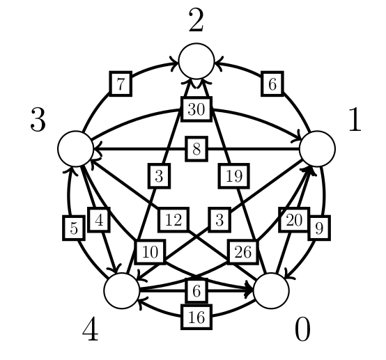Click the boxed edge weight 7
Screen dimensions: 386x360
pyautogui.click(x=121, y=84)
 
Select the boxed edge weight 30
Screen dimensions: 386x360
pyautogui.click(x=196, y=109)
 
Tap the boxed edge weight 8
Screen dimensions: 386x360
pyautogui.click(x=196, y=149)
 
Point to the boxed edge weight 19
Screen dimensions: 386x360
pyautogui.click(x=234, y=176)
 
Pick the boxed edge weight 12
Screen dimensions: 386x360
pyautogui.click(x=173, y=220)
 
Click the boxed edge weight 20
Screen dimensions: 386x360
pyautogui.click(x=294, y=220)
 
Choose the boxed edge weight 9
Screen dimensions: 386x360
pyautogui.click(x=319, y=228)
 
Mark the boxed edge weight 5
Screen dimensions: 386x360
pyautogui.click(x=74, y=228)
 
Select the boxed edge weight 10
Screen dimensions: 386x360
pyautogui.click(x=150, y=252)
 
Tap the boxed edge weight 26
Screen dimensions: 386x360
pyautogui.click(x=243, y=252)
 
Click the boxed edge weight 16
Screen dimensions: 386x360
pyautogui.click(x=196, y=317)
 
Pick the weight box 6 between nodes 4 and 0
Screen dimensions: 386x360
pyautogui.click(x=196, y=291)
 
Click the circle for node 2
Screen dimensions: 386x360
pyautogui.click(x=196, y=61)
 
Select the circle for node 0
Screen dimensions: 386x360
pyautogui.click(x=271, y=290)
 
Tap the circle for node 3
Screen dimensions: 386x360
pyautogui.click(x=76, y=148)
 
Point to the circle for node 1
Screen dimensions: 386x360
pyautogui.click(x=317, y=148)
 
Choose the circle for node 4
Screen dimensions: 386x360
pyautogui.click(x=122, y=290)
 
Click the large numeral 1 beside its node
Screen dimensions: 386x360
pyautogui.click(x=355, y=120)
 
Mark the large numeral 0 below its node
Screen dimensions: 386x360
pyautogui.click(x=302, y=329)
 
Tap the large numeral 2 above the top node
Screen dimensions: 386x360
pyautogui.click(x=196, y=20)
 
